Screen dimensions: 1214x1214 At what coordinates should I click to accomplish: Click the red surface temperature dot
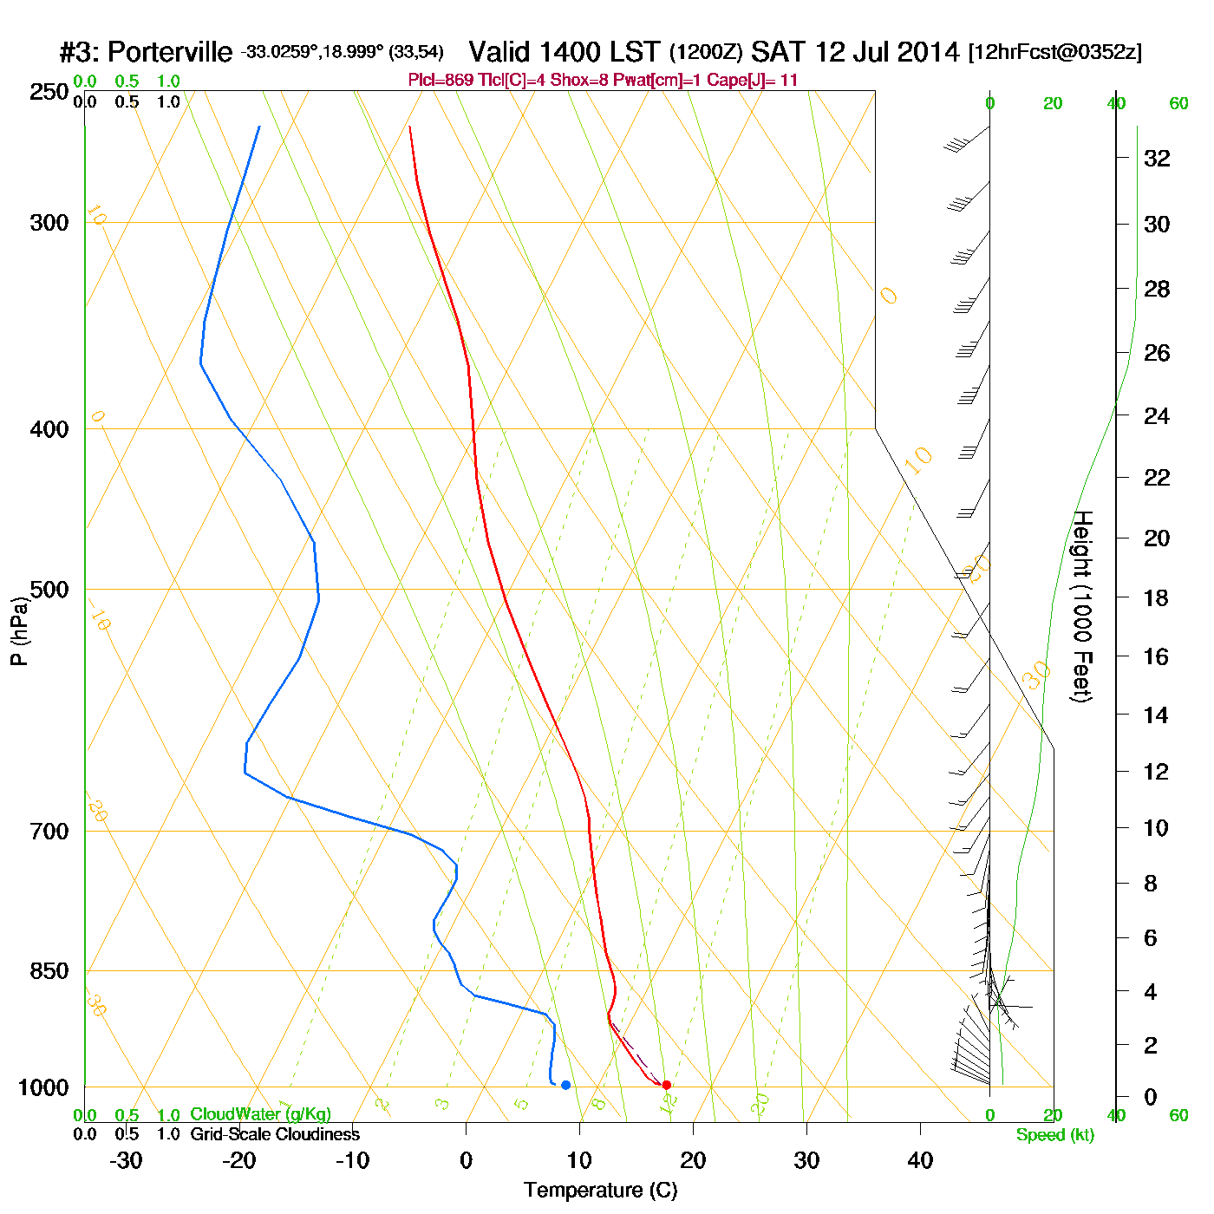666,1085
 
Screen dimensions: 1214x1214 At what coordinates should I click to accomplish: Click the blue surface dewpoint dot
565,1085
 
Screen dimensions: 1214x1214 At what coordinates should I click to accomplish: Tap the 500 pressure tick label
49,590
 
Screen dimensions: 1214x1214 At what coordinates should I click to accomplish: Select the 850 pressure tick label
49,971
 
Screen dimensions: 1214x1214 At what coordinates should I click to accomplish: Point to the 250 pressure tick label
49,92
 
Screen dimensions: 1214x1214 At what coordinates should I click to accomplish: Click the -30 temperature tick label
126,1160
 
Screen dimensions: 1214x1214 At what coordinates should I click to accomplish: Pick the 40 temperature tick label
920,1160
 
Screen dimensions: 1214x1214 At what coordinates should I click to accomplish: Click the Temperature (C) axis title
600,1191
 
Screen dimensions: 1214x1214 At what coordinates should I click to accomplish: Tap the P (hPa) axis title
19,630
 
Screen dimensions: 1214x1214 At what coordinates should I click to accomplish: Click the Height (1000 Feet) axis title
1082,606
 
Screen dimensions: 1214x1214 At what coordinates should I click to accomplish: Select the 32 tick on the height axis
1157,158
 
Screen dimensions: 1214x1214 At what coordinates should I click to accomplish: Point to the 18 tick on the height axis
1157,597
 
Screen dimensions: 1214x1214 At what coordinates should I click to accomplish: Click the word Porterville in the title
171,53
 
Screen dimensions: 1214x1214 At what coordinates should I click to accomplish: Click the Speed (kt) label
1054,1135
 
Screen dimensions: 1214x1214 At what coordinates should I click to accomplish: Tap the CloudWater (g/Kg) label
260,1114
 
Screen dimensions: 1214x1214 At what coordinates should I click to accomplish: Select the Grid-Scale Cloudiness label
275,1134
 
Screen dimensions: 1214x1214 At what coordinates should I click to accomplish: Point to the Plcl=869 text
441,81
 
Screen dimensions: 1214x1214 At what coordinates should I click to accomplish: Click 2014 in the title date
928,52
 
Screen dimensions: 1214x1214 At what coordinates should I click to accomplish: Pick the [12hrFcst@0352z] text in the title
1054,52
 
